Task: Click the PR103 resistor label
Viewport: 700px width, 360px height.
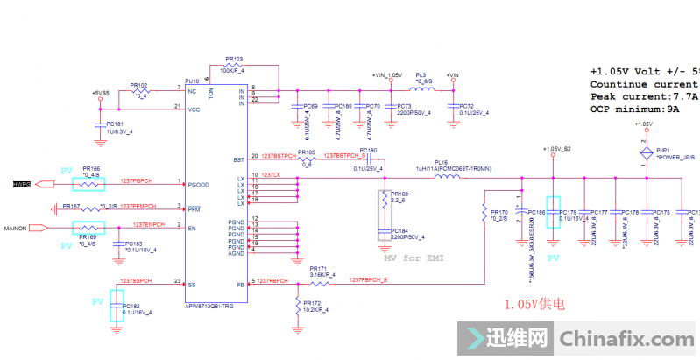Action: pyautogui.click(x=233, y=59)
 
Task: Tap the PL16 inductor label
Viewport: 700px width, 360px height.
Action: pyautogui.click(x=441, y=161)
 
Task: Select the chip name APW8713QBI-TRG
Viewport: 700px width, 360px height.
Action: pyautogui.click(x=209, y=306)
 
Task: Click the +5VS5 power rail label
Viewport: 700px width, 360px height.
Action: pyautogui.click(x=100, y=92)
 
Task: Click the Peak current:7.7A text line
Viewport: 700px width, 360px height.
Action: pyautogui.click(x=644, y=95)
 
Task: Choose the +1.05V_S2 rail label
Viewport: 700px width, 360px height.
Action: pyautogui.click(x=556, y=149)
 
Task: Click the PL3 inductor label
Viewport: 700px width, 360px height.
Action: pyautogui.click(x=421, y=76)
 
